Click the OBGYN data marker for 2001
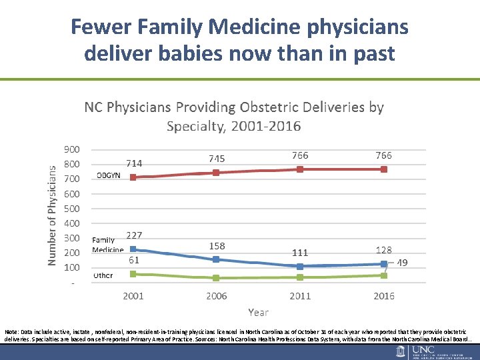click(133, 177)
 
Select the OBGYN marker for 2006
click(216, 173)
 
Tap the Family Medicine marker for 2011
click(300, 266)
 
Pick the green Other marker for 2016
click(384, 275)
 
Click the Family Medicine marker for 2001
click(133, 249)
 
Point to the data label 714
click(134, 163)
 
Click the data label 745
click(217, 159)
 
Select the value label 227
click(134, 235)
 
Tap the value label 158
click(217, 246)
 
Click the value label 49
click(402, 263)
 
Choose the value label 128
click(384, 250)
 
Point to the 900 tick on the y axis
click(71, 149)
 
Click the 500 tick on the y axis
click(71, 209)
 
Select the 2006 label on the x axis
click(217, 296)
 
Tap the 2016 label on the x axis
click(384, 296)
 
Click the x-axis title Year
click(258, 312)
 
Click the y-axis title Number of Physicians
click(52, 215)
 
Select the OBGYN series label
click(109, 176)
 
